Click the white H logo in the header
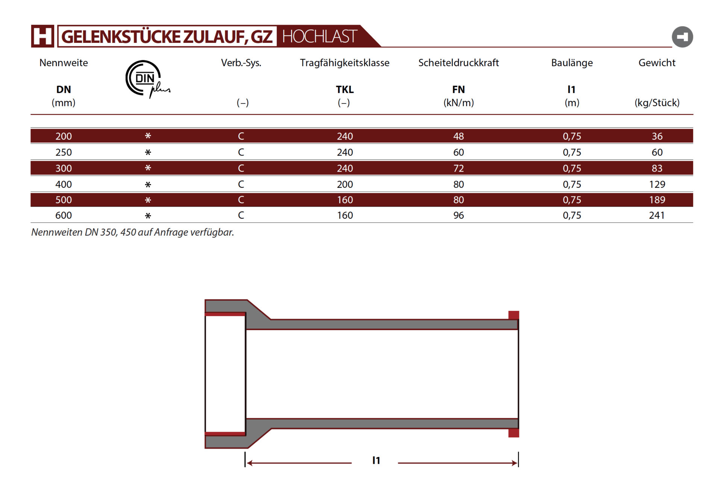click(42, 36)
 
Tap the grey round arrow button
click(682, 37)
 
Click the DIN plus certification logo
click(147, 79)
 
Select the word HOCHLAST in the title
click(319, 37)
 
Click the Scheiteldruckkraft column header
click(458, 63)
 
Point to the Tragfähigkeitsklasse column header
click(344, 63)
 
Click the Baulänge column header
click(572, 63)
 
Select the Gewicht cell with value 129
click(657, 184)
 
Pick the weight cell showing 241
click(657, 215)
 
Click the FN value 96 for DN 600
click(458, 215)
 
